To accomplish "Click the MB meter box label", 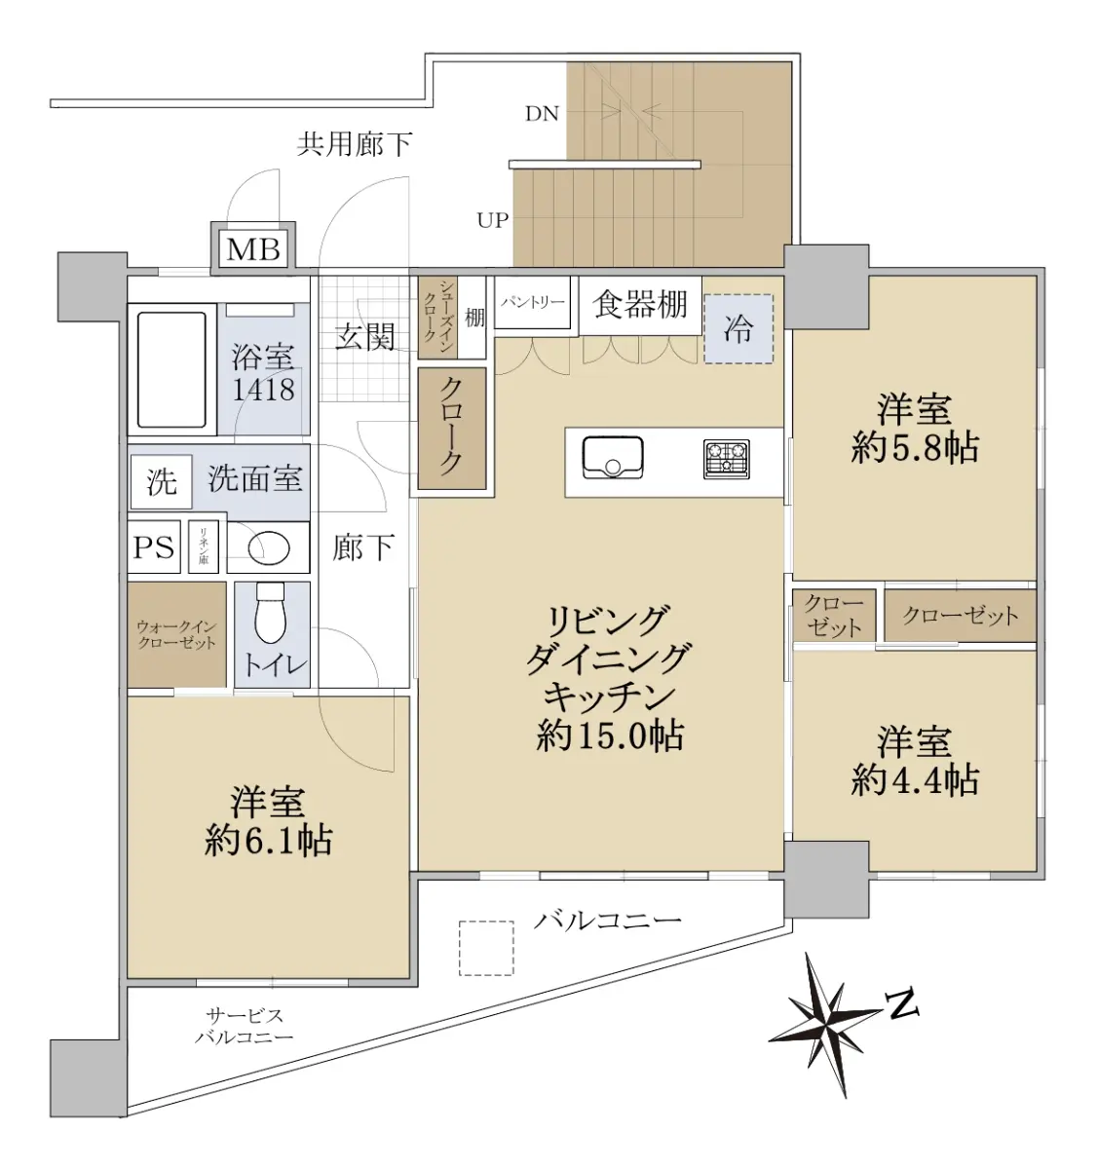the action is [253, 249].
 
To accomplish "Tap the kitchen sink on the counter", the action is [612, 457].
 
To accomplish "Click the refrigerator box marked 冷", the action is [738, 328].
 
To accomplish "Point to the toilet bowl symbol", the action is [270, 613].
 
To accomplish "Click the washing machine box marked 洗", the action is [161, 481].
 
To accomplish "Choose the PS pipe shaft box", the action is [154, 547].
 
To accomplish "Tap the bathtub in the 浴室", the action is [171, 369].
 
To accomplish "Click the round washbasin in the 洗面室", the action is [269, 547].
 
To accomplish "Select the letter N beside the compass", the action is [902, 1007].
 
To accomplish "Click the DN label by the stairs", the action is [542, 114].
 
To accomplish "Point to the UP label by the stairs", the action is [492, 221].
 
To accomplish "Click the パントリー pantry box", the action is [532, 303].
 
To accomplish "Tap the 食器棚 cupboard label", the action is [641, 305].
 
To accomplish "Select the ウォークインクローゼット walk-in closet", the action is [176, 634].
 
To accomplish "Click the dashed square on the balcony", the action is [486, 948].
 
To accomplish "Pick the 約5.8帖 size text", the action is [915, 448].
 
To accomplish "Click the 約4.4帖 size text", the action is [915, 780].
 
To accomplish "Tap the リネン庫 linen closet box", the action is [204, 547].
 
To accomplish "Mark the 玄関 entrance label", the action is [365, 337].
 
